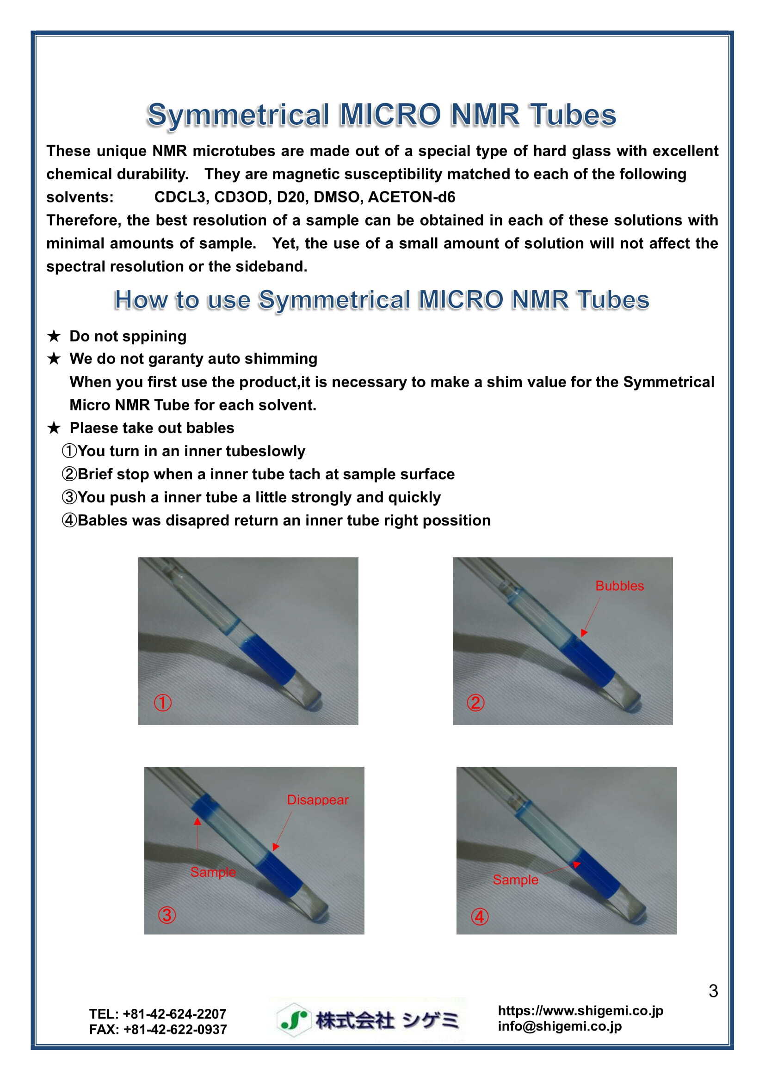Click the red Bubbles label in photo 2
click(x=619, y=586)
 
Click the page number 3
click(x=713, y=991)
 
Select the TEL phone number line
click(x=158, y=1014)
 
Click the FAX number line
click(x=158, y=1030)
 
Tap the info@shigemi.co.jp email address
click(x=559, y=1026)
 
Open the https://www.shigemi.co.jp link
click(x=580, y=1011)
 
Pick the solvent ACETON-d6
click(x=411, y=197)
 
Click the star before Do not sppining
click(x=54, y=336)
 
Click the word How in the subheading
click(x=141, y=300)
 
